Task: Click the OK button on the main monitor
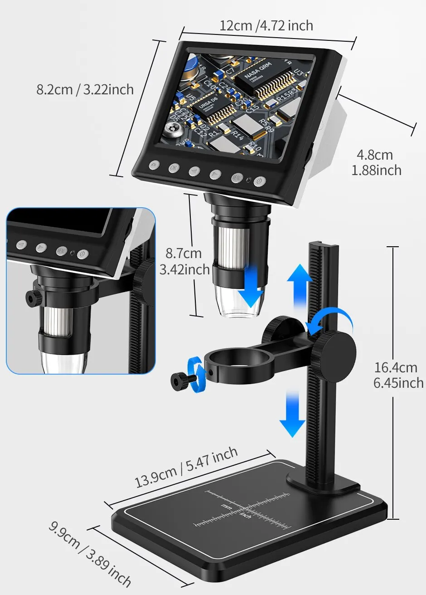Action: [x=174, y=168]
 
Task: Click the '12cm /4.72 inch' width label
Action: [x=266, y=25]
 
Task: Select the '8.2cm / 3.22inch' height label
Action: [x=85, y=89]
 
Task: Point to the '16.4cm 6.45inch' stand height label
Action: [x=398, y=375]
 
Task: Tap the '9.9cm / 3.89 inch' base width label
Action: [x=90, y=554]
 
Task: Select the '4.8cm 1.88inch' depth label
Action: [x=376, y=162]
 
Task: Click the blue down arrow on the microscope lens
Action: [x=251, y=285]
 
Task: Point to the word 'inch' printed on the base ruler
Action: [x=245, y=515]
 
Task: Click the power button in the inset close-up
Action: [x=82, y=254]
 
